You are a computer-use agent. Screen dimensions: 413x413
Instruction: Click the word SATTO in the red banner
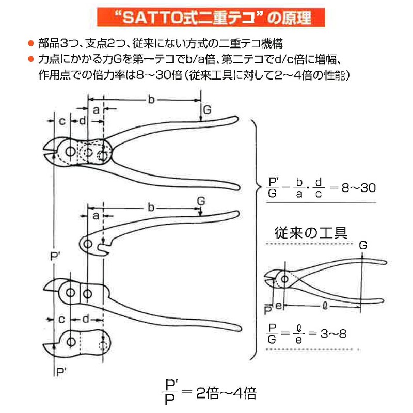click(150, 20)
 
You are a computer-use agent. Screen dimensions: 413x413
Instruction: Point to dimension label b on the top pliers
click(151, 100)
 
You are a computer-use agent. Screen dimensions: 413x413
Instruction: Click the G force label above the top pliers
click(207, 110)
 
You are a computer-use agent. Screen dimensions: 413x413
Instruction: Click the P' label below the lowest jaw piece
click(61, 371)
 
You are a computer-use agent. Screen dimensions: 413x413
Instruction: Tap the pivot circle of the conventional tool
click(283, 281)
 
